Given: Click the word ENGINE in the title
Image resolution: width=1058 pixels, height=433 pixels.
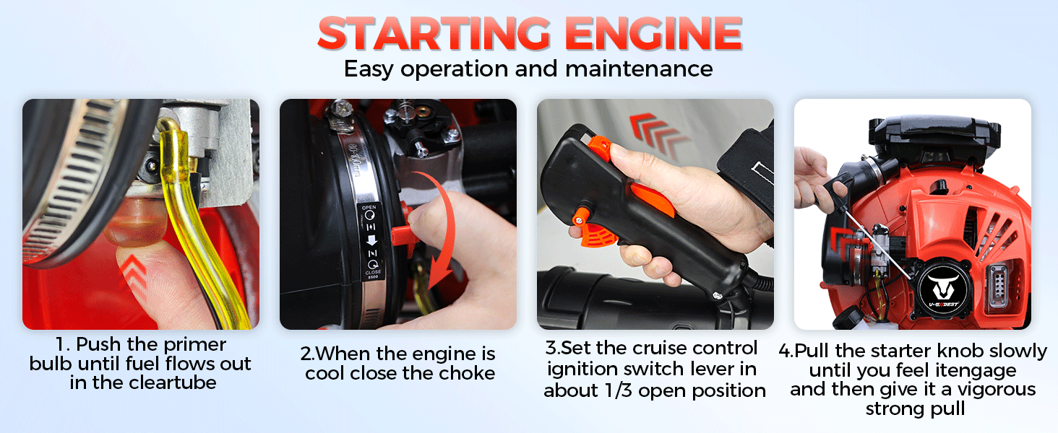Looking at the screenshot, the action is (x=654, y=33).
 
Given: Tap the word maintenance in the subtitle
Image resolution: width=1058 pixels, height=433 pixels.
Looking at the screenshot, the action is (x=639, y=69).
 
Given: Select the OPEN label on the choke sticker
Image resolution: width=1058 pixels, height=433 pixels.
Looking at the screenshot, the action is (x=369, y=208).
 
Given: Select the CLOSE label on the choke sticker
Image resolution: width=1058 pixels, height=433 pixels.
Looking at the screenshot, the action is (x=373, y=272).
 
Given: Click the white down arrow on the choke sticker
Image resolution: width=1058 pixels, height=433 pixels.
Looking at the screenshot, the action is (x=371, y=240).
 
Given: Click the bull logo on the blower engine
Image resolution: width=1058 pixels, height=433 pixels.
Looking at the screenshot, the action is (x=943, y=288).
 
